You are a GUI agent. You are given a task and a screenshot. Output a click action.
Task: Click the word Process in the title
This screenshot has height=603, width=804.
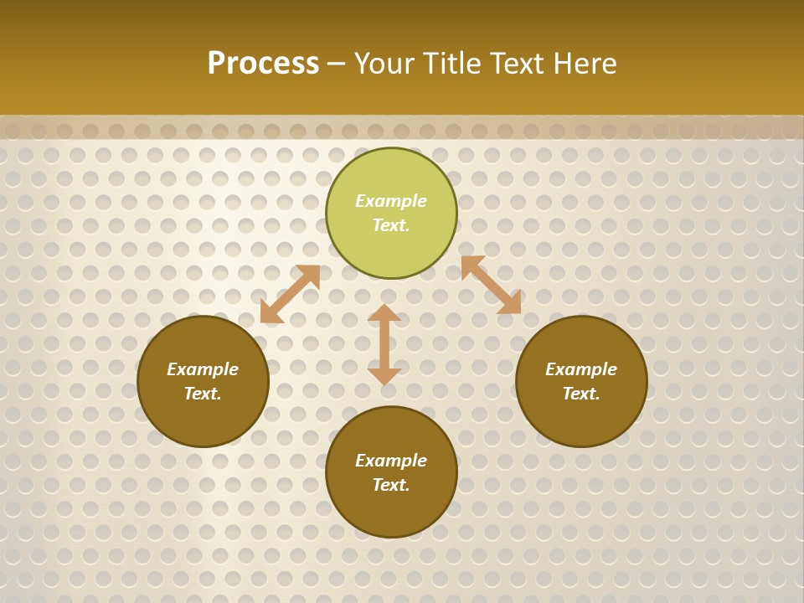pyautogui.click(x=263, y=64)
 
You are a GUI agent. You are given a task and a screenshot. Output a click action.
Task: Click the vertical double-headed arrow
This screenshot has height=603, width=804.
pyautogui.click(x=384, y=344)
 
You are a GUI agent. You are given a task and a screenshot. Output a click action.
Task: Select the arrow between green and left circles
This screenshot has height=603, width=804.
pyautogui.click(x=290, y=294)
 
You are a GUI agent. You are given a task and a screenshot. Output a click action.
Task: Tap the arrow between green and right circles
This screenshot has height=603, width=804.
pyautogui.click(x=491, y=285)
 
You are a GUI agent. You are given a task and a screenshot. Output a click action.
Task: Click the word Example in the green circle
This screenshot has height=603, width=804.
pyautogui.click(x=391, y=201)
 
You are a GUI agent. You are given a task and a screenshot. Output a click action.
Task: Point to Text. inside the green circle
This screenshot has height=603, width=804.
pyautogui.click(x=391, y=225)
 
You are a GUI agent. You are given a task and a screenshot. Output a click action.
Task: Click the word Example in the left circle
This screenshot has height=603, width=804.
pyautogui.click(x=203, y=369)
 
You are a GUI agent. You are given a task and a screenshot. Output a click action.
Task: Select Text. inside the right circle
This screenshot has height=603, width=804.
pyautogui.click(x=581, y=394)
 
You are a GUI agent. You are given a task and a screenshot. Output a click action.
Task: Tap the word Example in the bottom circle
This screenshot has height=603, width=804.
pyautogui.click(x=391, y=461)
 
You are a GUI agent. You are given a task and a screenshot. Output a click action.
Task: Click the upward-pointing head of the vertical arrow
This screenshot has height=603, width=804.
pyautogui.click(x=384, y=312)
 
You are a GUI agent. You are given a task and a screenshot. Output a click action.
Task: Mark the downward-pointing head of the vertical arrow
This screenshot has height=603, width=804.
pyautogui.click(x=384, y=376)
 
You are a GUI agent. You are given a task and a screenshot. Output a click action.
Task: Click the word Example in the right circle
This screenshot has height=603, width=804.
pyautogui.click(x=581, y=369)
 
